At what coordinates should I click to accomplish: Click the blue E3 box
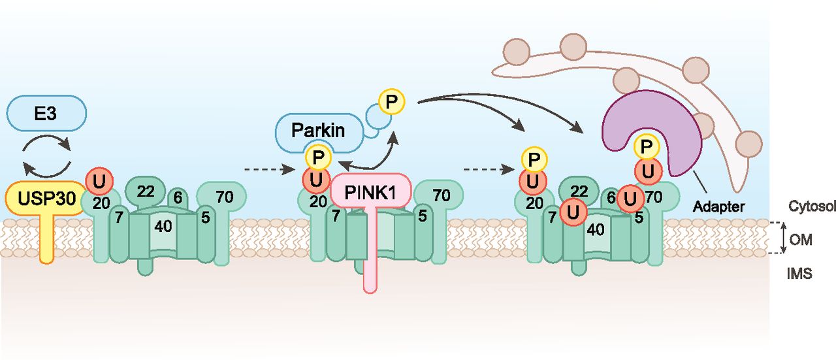46,113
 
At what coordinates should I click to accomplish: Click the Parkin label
319,129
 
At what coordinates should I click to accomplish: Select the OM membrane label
800,240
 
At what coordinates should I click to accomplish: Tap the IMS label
800,274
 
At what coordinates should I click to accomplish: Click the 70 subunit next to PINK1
442,195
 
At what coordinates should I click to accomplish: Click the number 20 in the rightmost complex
535,203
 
